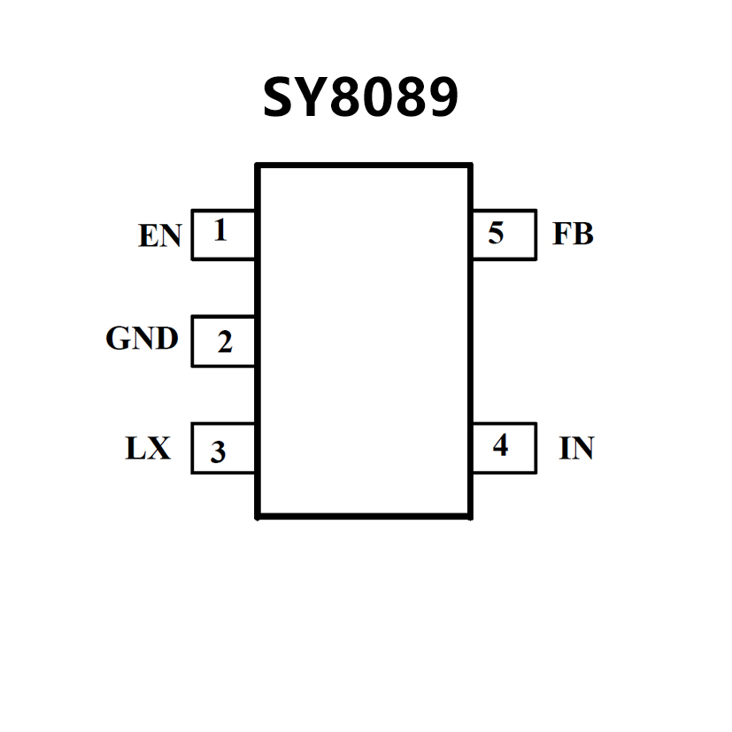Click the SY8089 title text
(360, 97)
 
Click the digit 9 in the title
(442, 97)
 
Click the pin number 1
(220, 232)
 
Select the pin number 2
(225, 342)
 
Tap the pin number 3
(218, 452)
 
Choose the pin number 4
(500, 446)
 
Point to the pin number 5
(497, 234)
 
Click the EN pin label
(159, 236)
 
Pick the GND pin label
(142, 339)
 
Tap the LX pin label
(147, 449)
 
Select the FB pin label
(573, 234)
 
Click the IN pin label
(576, 449)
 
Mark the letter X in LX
(158, 449)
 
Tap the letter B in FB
(583, 234)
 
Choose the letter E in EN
(149, 236)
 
